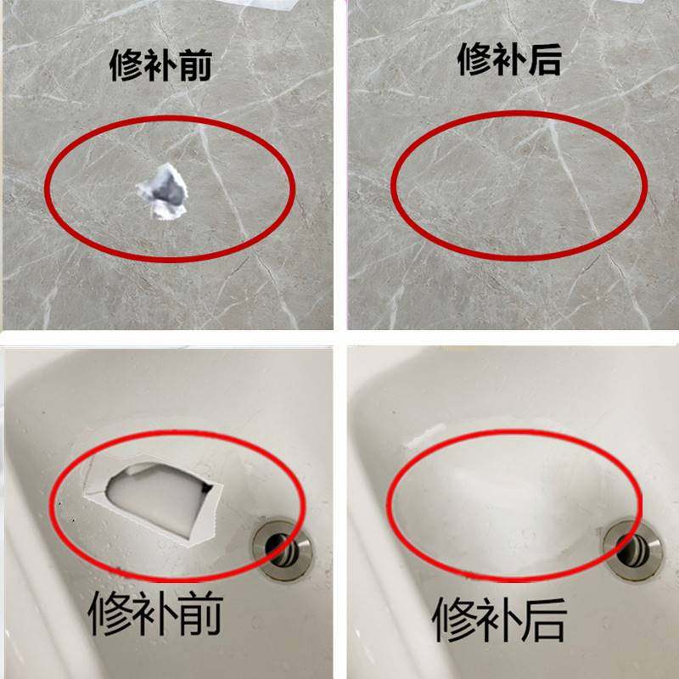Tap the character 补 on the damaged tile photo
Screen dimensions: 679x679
pos(163,65)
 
